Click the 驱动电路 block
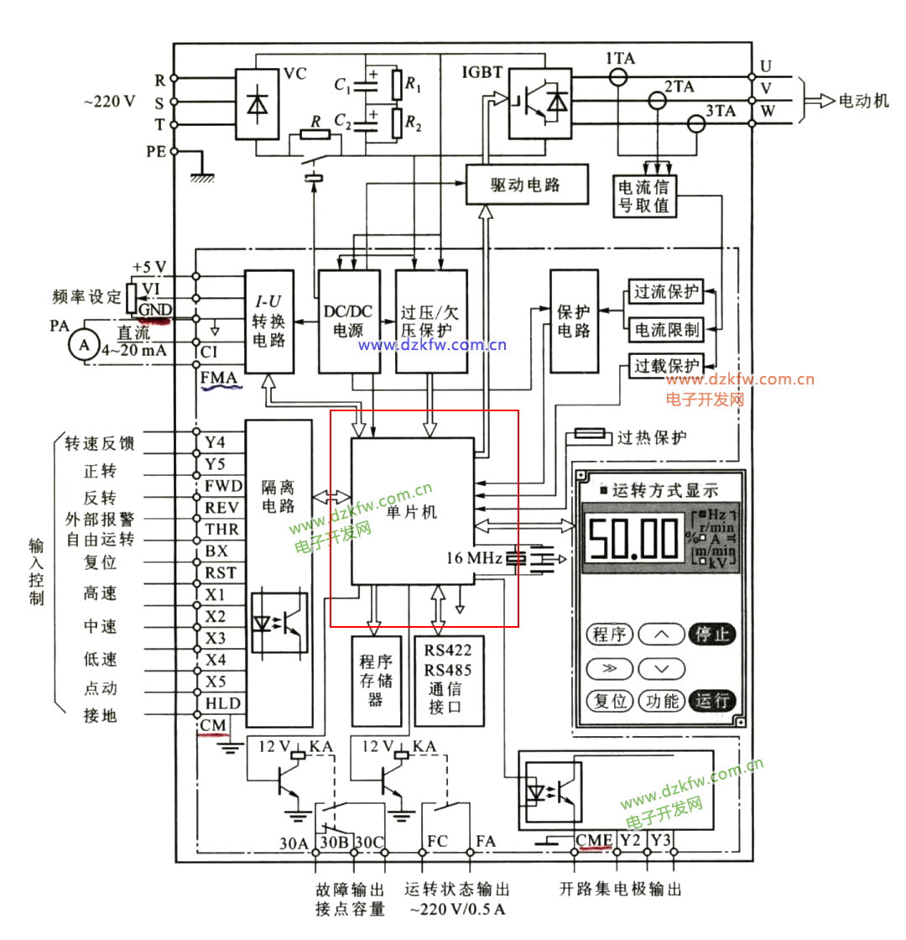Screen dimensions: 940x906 [x=513, y=184]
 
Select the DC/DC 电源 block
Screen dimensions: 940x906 [x=349, y=321]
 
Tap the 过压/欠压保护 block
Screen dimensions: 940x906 [x=430, y=321]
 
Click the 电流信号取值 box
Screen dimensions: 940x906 [x=644, y=195]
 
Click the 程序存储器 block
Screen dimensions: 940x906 [x=375, y=681]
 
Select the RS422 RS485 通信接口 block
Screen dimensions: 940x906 [x=448, y=681]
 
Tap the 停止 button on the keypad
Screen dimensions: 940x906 [x=712, y=634]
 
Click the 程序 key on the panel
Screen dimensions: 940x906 [x=610, y=634]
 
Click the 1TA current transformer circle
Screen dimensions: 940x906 [x=618, y=76]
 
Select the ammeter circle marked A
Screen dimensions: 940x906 [x=82, y=344]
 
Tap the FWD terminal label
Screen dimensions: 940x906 [x=222, y=486]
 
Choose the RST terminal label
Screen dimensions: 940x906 [x=221, y=573]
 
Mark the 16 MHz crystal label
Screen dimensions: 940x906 [x=474, y=558]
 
